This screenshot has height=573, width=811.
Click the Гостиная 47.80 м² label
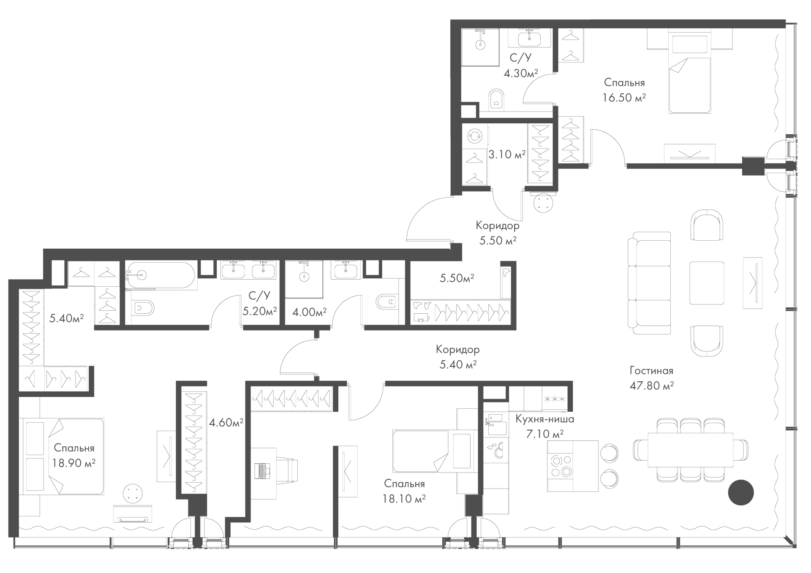pyautogui.click(x=651, y=378)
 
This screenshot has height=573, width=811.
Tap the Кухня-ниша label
pyautogui.click(x=544, y=419)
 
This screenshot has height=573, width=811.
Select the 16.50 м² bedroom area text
pyautogui.click(x=624, y=98)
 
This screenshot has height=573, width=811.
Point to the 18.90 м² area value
pyautogui.click(x=74, y=463)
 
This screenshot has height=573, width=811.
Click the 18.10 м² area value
pyautogui.click(x=404, y=499)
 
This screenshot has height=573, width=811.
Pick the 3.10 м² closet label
pyautogui.click(x=507, y=154)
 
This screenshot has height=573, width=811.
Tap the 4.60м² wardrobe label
pyautogui.click(x=226, y=422)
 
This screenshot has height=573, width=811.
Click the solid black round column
pyautogui.click(x=741, y=492)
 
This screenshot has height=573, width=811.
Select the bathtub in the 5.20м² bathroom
pyautogui.click(x=161, y=275)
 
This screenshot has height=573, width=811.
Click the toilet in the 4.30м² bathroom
pyautogui.click(x=496, y=99)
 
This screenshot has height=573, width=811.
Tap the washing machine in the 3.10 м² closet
pyautogui.click(x=475, y=136)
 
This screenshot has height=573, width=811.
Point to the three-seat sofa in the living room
pyautogui.click(x=649, y=283)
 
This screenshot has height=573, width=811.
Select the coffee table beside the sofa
pyautogui.click(x=707, y=282)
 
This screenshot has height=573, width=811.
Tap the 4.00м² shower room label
pyautogui.click(x=310, y=312)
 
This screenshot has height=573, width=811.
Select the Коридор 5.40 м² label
pyautogui.click(x=458, y=357)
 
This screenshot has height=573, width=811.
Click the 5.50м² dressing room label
pyautogui.click(x=457, y=278)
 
